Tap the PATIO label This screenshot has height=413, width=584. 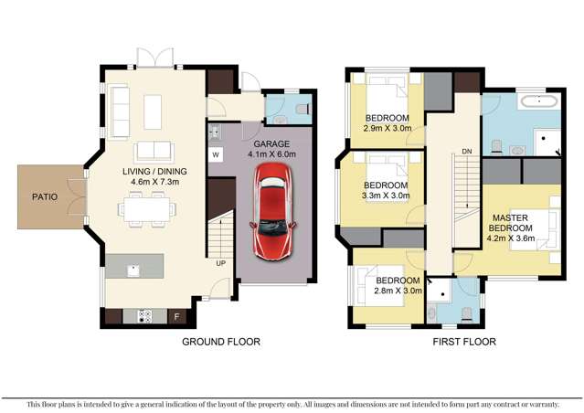pos(45,196)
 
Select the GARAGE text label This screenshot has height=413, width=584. pos(271,144)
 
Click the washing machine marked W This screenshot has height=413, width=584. pos(217,155)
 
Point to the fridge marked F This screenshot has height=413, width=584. pos(177,317)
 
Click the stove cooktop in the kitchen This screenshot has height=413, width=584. pos(144,317)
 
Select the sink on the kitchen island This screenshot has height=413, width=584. pos(133,269)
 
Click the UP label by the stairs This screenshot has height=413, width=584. pos(219,263)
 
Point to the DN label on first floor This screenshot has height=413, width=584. pos(466,151)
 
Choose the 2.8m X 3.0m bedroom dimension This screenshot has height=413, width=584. pos(398,291)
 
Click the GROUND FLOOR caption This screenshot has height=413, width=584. pos(221,342)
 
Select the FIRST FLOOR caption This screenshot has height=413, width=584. pos(463,342)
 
